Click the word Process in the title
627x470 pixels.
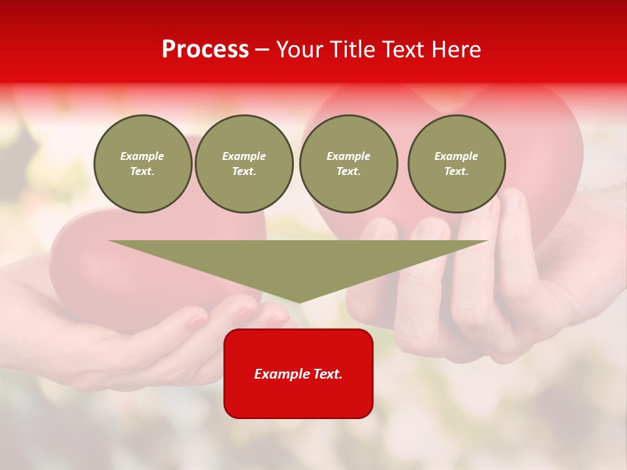205,50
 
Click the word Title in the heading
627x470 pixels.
351,50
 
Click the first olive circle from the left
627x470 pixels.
142,164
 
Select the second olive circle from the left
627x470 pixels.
244,164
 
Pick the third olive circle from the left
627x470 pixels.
349,164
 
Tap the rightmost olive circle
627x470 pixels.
457,164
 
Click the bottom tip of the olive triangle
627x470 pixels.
299,301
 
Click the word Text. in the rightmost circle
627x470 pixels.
457,172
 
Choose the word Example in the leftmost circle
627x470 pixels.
142,156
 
